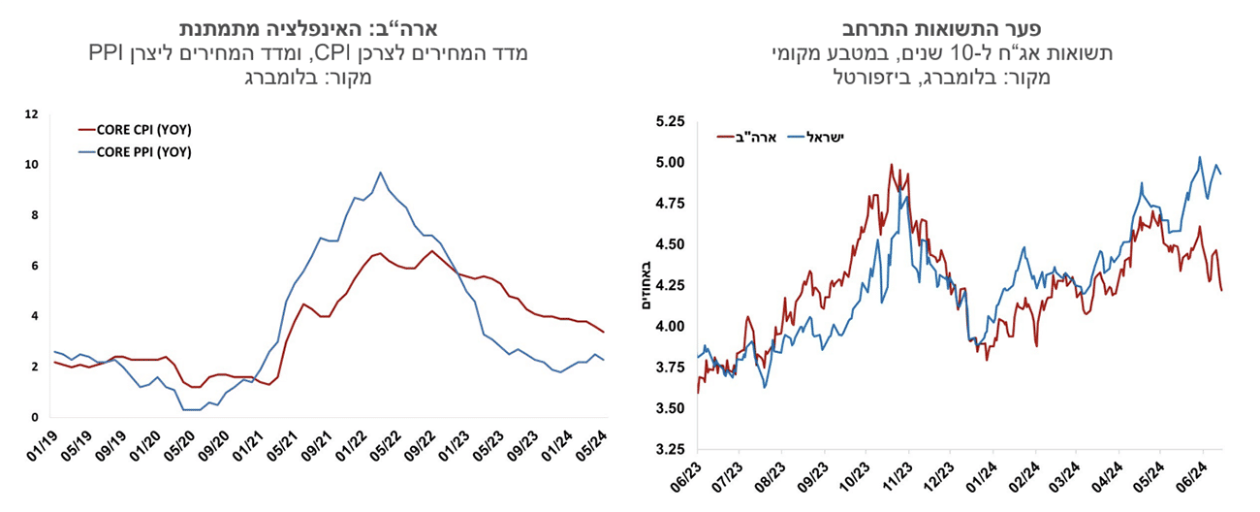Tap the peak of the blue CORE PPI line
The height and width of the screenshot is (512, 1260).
381,173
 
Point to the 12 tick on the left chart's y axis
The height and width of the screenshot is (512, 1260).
31,114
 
